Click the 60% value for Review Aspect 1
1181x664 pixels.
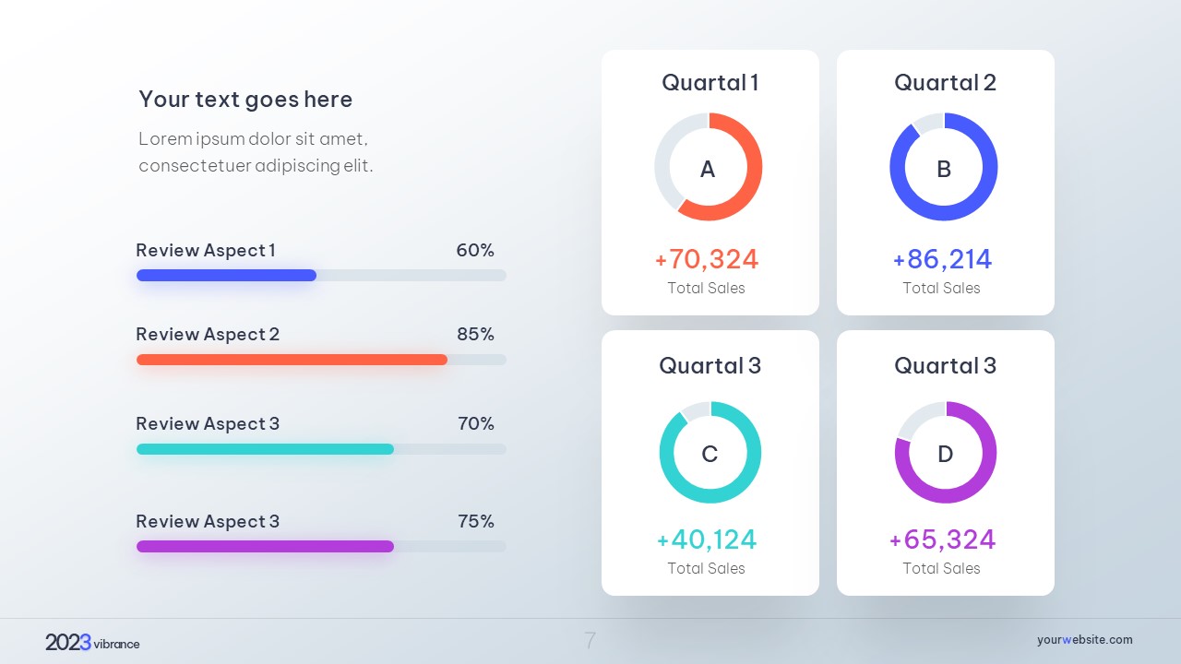475,250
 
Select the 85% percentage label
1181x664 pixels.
475,334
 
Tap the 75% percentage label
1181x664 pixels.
476,521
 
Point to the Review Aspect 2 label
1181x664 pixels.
208,334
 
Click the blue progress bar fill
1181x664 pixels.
226,275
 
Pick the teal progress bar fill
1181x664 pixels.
265,449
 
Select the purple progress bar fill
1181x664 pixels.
265,546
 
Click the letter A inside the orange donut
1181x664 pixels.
708,169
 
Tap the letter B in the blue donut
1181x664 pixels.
944,169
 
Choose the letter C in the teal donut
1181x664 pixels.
710,454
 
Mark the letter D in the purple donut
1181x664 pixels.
946,454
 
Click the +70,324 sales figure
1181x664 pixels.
707,259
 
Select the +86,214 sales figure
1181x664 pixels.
942,259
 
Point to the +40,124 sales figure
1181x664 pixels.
707,539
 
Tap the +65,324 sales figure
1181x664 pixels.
942,539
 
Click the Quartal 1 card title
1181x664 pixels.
710,82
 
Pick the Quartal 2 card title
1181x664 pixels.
945,82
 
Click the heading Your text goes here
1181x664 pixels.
245,99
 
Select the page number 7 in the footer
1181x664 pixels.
590,640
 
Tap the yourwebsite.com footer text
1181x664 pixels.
1084,639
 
